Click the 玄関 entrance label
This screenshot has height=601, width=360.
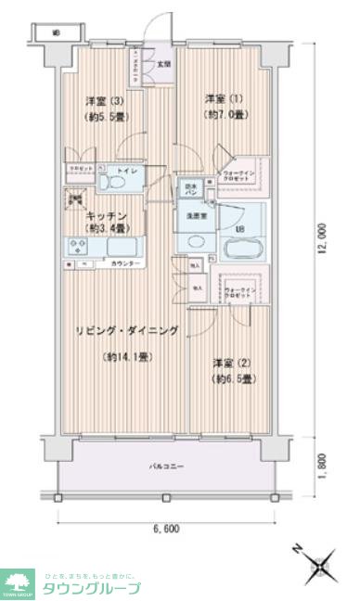163,64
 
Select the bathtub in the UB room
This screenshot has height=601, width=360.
243,249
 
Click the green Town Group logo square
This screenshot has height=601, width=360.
18,582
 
